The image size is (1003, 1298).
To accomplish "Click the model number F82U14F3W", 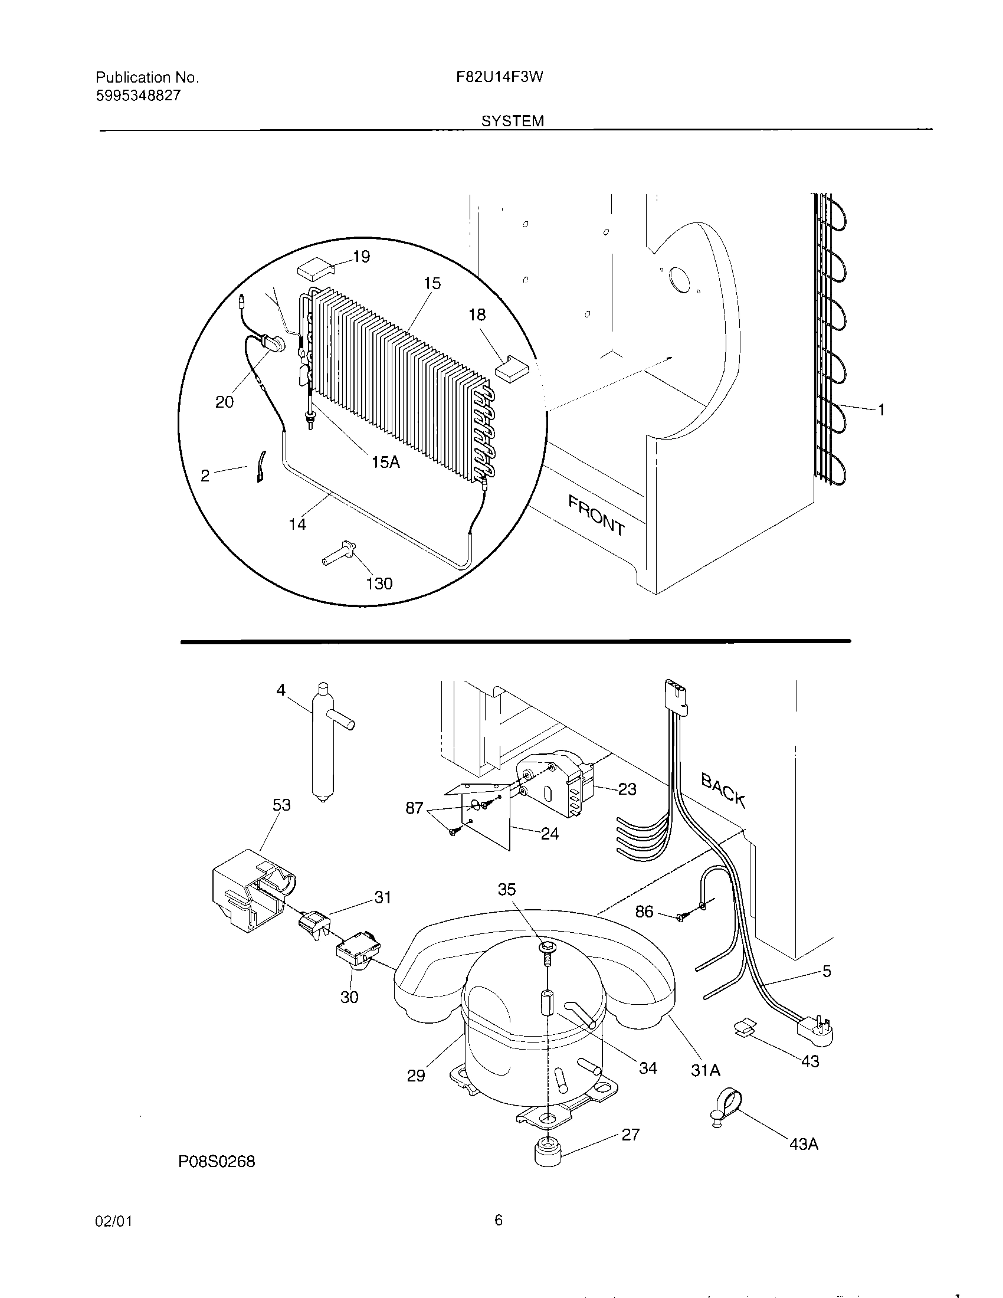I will [500, 77].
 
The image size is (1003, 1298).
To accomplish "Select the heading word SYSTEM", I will [512, 121].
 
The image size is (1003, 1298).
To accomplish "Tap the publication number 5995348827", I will [138, 95].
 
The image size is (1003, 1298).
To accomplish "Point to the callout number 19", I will [361, 257].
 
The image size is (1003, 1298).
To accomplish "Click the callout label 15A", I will [386, 461].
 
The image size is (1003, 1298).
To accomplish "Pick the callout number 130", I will [379, 584].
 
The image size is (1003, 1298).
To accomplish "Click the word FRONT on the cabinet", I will [596, 514].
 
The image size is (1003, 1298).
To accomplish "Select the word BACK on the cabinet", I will [723, 788].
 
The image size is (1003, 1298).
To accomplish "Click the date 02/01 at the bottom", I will [113, 1221].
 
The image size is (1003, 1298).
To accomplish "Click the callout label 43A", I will [804, 1143].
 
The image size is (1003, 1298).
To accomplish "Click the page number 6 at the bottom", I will [499, 1220].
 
